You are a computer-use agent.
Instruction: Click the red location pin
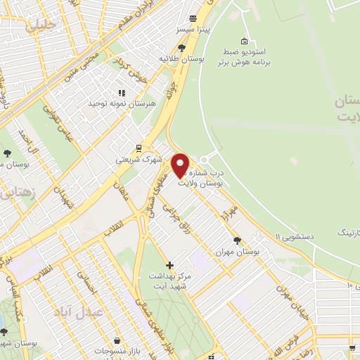(x=181, y=165)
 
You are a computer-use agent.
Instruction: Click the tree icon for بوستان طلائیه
(x=182, y=48)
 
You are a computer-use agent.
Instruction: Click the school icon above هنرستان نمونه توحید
(x=122, y=92)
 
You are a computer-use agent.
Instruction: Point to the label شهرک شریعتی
(x=139, y=160)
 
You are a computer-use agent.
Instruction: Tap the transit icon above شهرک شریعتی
(x=139, y=148)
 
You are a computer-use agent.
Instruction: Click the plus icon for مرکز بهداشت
(x=169, y=265)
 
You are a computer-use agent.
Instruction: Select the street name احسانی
(x=87, y=288)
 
